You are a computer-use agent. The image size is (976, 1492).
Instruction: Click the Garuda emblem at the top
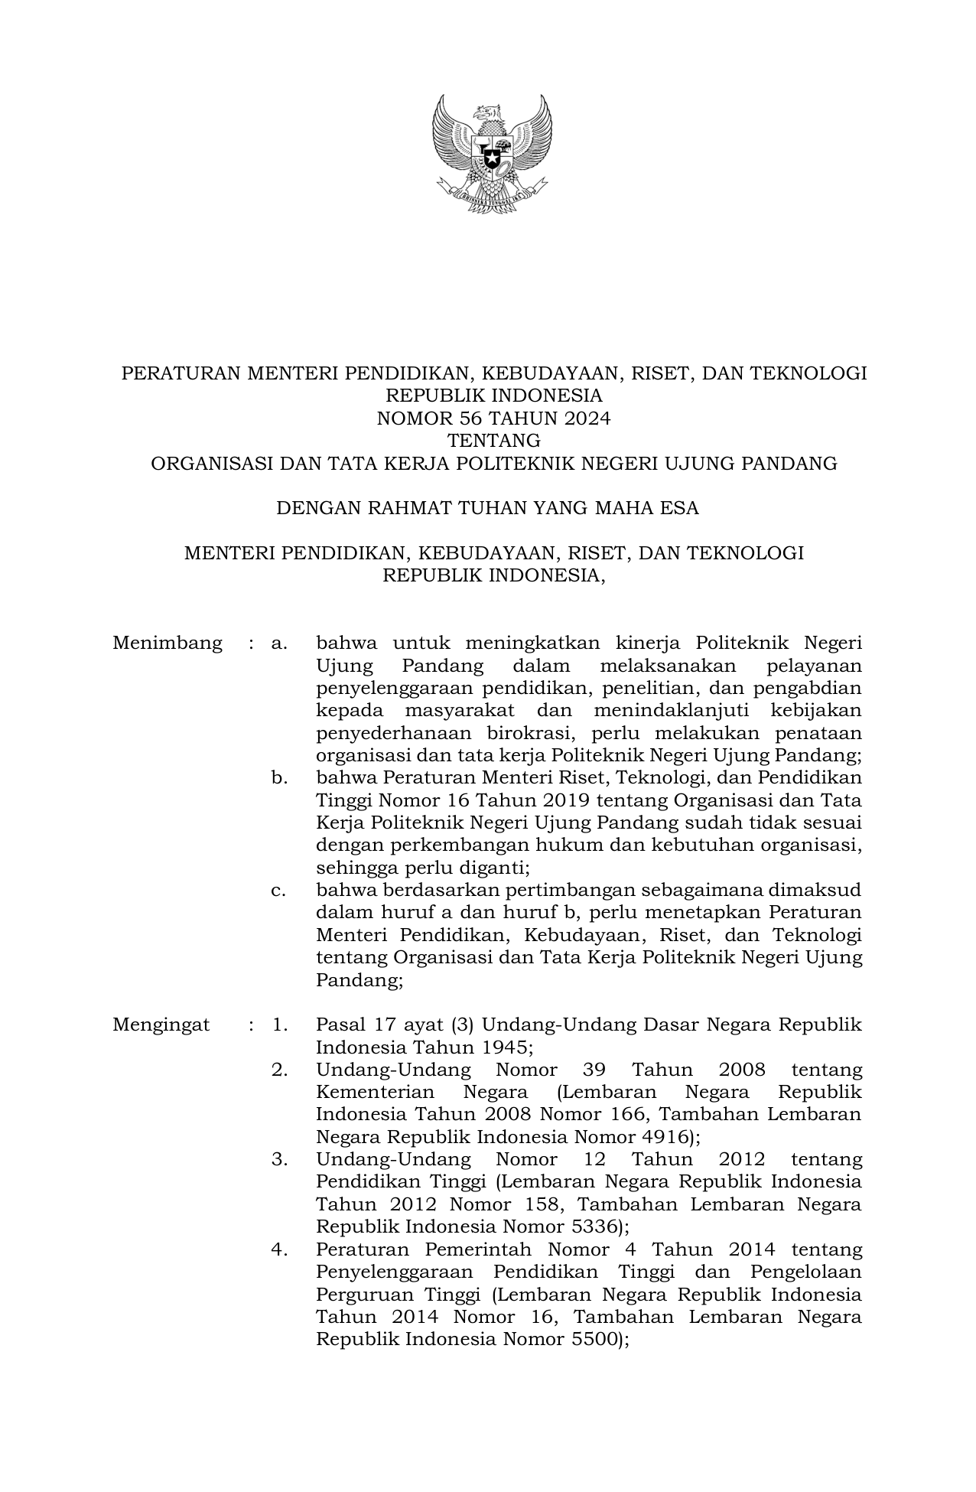(x=492, y=153)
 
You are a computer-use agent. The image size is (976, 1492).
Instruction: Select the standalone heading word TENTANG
(x=493, y=441)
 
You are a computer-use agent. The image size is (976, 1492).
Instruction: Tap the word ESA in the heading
(x=682, y=508)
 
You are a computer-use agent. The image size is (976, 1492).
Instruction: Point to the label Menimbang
(x=168, y=643)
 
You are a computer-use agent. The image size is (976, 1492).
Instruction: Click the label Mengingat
(x=161, y=1025)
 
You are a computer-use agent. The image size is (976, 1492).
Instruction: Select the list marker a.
(x=279, y=643)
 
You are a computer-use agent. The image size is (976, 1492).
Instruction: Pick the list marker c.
(x=278, y=891)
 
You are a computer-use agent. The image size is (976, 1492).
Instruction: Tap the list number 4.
(x=279, y=1250)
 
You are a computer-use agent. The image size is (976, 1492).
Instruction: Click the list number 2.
(x=279, y=1070)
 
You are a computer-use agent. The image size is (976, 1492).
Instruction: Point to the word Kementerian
(x=376, y=1092)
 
